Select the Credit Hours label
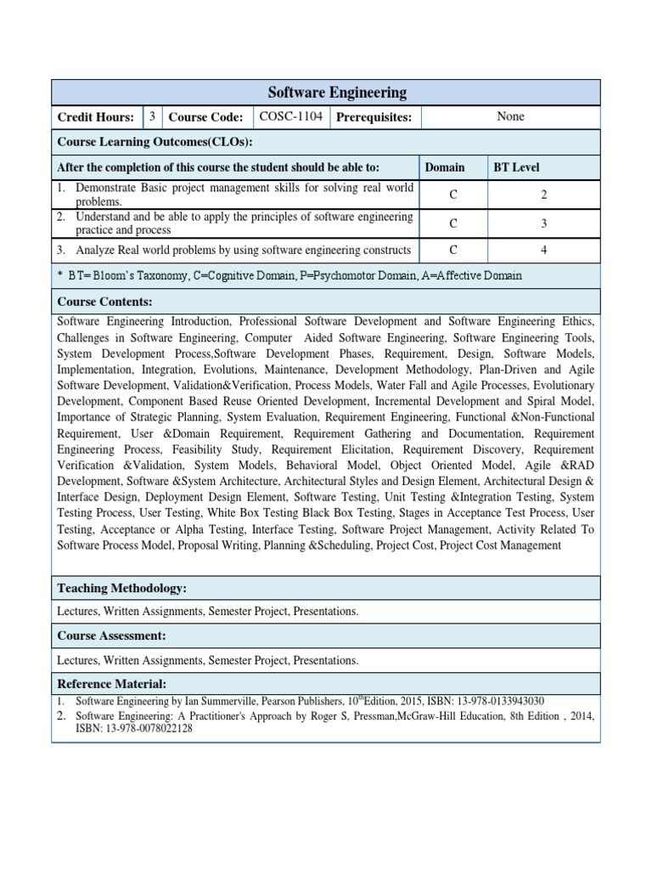[x=95, y=117]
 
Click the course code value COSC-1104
[x=290, y=116]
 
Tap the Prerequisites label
[x=374, y=117]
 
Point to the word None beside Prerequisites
[x=510, y=116]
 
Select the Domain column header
[x=445, y=167]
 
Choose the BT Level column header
[x=516, y=167]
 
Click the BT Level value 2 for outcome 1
[x=543, y=195]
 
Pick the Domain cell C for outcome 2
[x=453, y=223]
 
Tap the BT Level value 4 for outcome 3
[x=543, y=250]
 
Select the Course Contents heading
[x=104, y=301]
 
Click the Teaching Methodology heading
[x=121, y=588]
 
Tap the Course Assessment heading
[x=111, y=636]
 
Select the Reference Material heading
[x=111, y=684]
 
